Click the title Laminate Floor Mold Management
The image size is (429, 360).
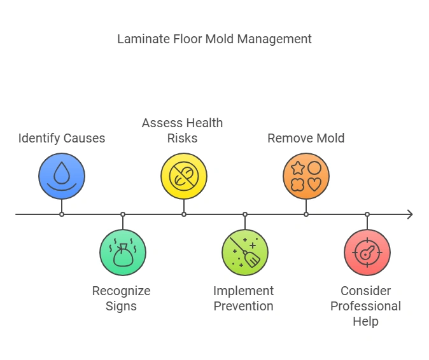tap(215, 39)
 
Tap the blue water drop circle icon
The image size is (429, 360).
tap(62, 176)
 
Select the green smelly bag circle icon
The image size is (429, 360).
tap(123, 253)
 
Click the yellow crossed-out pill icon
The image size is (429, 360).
tap(184, 176)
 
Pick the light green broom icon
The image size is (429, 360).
tap(245, 253)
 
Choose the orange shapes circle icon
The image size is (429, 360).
tap(306, 176)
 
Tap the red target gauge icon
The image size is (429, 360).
tap(367, 253)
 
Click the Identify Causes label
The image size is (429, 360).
tap(62, 138)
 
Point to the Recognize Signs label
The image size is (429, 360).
tap(122, 298)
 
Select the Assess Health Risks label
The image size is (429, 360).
tap(183, 130)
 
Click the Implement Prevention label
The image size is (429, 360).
tap(244, 298)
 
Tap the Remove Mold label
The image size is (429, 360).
tap(306, 138)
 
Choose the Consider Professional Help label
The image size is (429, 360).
tap(366, 306)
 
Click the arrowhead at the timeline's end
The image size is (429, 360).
tap(410, 214)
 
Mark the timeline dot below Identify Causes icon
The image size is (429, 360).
tap(62, 214)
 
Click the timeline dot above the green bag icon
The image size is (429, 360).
tap(123, 214)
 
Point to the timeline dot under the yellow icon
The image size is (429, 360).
tap(184, 214)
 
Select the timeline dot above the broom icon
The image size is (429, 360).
tap(245, 214)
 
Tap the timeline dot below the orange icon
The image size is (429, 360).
tap(306, 214)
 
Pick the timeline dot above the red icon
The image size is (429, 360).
tap(367, 214)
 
